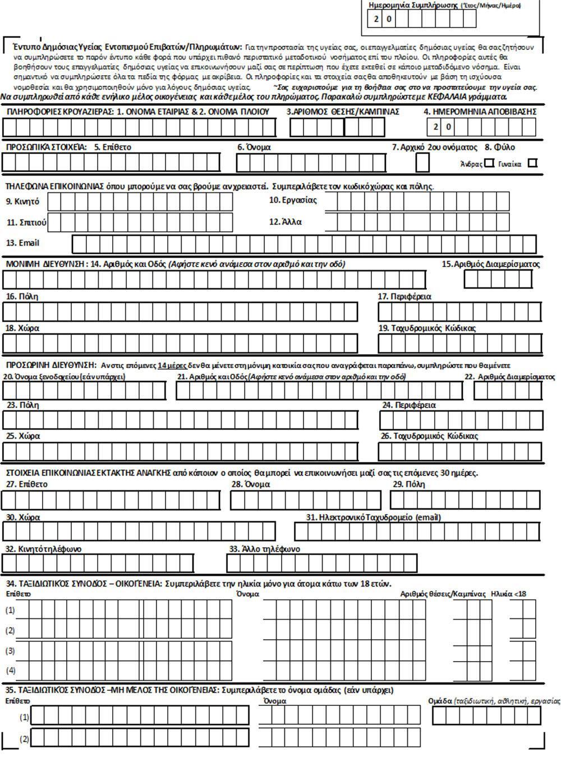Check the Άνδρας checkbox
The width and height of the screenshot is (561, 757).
pos(489,163)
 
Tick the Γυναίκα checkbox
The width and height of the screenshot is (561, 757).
pos(532,163)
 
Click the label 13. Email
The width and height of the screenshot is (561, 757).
pos(22,244)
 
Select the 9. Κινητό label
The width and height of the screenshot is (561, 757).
pos(23,201)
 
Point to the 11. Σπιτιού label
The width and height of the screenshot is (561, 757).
pos(26,222)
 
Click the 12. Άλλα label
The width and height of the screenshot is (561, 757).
pos(285,222)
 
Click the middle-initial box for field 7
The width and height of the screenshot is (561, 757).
pos(422,163)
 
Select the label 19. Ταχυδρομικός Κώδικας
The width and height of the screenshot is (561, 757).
pos(427,328)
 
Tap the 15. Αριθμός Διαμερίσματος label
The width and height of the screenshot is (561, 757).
pos(490,264)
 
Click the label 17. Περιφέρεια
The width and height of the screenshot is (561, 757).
pos(404,296)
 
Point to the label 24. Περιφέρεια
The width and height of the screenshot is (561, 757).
pos(408,405)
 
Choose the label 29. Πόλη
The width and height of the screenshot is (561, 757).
pos(408,484)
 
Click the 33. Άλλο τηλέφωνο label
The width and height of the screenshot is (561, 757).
pos(265,549)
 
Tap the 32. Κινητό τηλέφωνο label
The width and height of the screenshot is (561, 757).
pos(44,549)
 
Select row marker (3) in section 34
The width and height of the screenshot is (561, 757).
pos(10,651)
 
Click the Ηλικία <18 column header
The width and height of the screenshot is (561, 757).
pos(508,594)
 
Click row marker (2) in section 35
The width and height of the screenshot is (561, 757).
pos(24,738)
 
